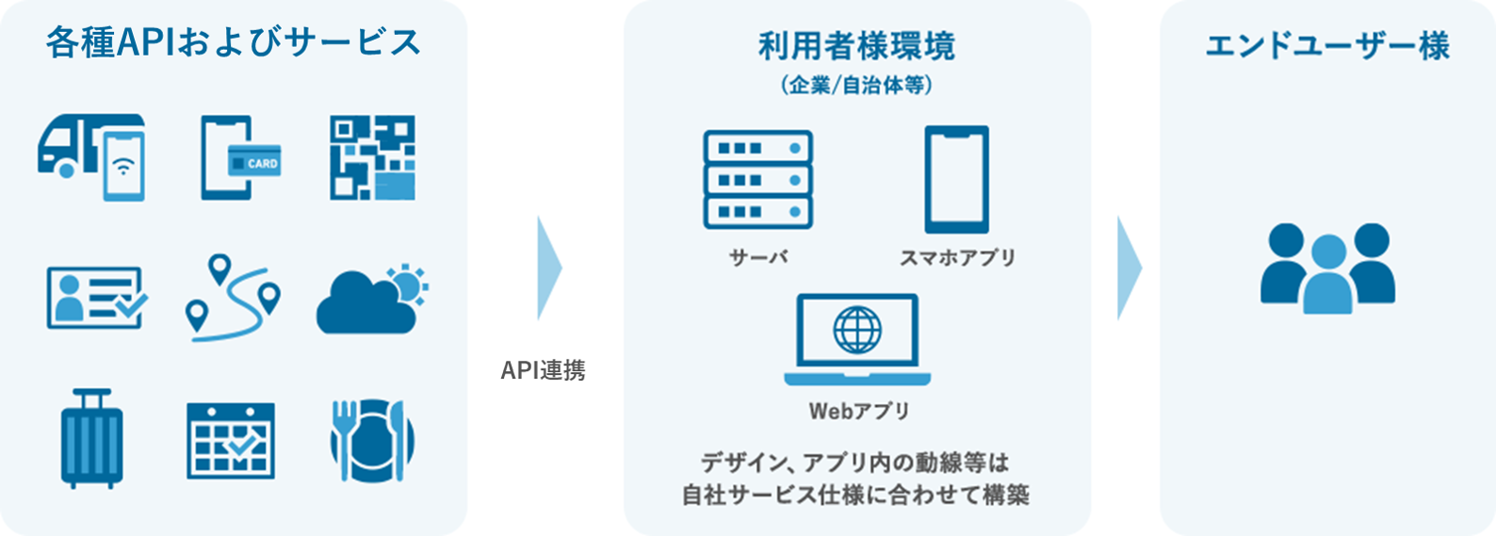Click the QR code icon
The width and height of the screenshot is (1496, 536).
[x=372, y=157]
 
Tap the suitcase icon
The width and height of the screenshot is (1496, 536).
[x=92, y=438]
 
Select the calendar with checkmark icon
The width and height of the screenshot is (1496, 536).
[x=231, y=441]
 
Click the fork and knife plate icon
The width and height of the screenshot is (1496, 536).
[x=372, y=440]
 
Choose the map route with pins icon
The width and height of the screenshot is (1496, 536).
[x=233, y=298]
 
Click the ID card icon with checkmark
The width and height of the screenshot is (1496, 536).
[x=97, y=298]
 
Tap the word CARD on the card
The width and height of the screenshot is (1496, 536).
[x=263, y=164]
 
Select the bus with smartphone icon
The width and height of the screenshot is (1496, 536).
[x=91, y=157]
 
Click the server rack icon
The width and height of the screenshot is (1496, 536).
[x=758, y=180]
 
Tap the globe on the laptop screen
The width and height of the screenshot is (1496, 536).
[x=857, y=330]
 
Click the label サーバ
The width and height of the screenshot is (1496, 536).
[x=758, y=257]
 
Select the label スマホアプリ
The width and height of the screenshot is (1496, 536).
[x=957, y=257]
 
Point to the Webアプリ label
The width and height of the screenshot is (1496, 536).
[x=859, y=411]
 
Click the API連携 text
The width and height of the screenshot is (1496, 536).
[x=543, y=370]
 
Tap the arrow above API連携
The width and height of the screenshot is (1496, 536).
[x=549, y=268]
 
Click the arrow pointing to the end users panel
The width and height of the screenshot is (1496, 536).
[x=1129, y=268]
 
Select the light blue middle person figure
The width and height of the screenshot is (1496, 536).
[x=1327, y=274]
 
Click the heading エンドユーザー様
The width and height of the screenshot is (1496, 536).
[x=1327, y=46]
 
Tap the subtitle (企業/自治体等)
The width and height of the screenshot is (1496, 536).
[x=857, y=86]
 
